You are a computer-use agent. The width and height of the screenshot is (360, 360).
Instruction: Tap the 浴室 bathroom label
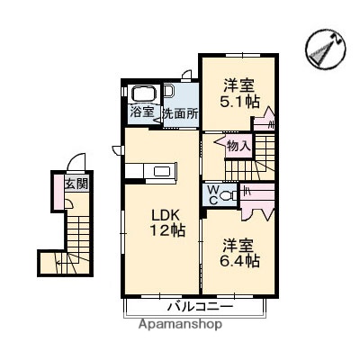pos(141,112)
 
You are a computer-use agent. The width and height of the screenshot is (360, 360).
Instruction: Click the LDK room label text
pos(161,214)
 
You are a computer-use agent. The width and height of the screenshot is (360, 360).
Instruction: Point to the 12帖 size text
pos(161,231)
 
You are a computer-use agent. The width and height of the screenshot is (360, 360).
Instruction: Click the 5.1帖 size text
pos(240,102)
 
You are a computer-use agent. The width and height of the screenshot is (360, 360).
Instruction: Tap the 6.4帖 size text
pos(240,261)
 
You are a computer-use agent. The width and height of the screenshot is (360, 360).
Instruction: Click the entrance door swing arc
pos(78,165)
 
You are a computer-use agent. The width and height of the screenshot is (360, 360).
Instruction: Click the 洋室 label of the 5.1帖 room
pos(240,85)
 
